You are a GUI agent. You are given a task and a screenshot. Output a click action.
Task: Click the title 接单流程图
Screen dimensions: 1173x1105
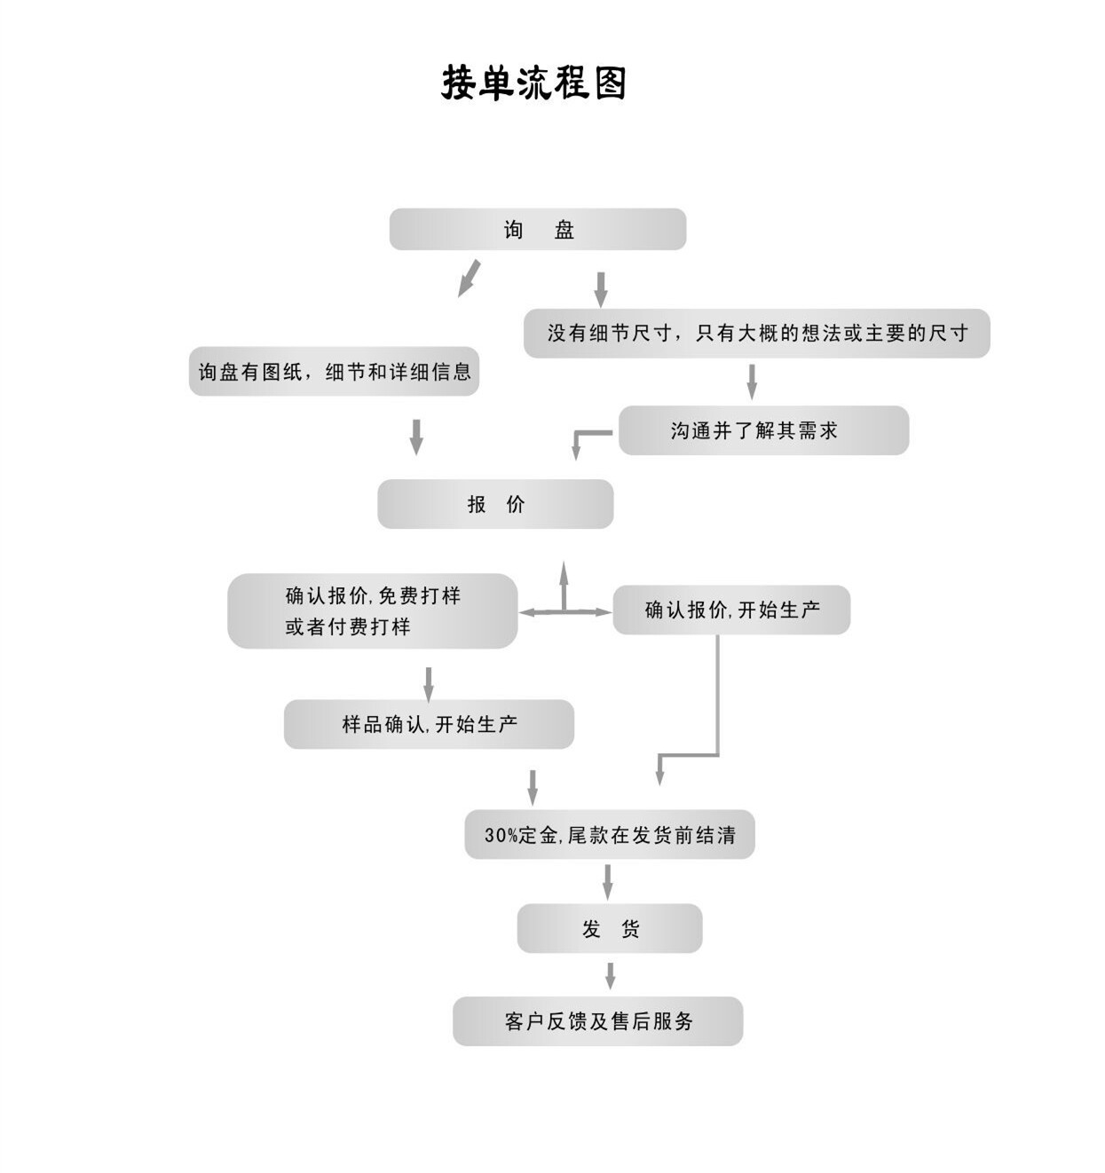tap(534, 83)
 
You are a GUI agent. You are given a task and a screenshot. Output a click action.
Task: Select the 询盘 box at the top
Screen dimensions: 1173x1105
tap(538, 230)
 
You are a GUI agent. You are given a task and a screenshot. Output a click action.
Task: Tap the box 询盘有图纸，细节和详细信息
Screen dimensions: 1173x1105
tap(334, 372)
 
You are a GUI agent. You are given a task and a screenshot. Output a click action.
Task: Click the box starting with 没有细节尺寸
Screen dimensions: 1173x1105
tap(756, 334)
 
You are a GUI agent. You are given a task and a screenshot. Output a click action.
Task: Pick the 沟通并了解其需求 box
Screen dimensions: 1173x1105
tap(763, 431)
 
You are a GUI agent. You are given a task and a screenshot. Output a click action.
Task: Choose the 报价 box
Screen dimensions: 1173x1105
tap(495, 505)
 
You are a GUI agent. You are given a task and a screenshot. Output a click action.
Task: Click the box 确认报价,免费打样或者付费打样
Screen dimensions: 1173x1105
tap(373, 610)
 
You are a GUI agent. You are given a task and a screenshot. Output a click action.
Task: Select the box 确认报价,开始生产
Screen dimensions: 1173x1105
tap(731, 610)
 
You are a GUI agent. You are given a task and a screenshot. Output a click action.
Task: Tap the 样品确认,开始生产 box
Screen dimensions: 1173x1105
tap(429, 724)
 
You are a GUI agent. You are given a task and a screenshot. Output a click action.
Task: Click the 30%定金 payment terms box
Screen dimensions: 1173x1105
tap(610, 835)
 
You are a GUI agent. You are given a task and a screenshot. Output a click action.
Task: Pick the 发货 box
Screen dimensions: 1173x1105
tap(610, 929)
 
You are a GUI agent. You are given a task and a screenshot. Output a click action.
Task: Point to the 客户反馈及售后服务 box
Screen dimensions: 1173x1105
tap(597, 1021)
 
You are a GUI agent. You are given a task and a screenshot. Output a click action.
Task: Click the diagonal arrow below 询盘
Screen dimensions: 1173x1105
tap(469, 279)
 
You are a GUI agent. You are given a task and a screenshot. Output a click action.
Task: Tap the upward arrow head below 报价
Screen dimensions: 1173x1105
tap(564, 571)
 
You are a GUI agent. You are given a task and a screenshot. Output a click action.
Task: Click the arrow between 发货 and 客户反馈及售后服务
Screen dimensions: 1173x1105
tap(610, 975)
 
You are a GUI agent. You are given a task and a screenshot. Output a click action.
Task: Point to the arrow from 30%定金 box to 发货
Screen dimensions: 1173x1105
tap(608, 881)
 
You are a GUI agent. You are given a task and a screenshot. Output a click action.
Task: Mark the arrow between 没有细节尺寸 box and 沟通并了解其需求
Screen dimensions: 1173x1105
tap(752, 382)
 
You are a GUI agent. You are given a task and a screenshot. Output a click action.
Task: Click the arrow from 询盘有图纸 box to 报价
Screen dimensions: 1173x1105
tap(416, 437)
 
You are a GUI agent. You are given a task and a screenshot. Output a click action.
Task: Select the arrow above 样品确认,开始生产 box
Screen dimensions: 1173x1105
tap(429, 684)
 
